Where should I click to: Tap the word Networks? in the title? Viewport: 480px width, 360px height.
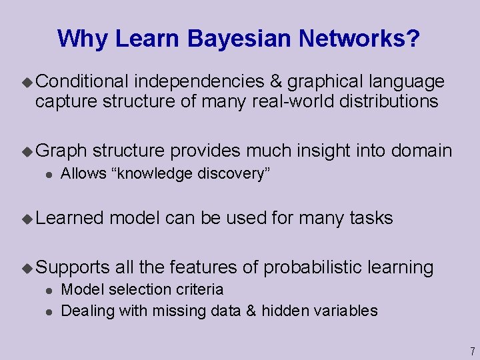coord(360,39)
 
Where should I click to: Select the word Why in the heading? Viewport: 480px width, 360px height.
coord(83,39)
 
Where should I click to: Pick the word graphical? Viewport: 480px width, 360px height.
coord(323,82)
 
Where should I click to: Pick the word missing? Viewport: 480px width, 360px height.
coord(175,311)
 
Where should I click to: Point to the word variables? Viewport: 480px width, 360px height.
coord(347,311)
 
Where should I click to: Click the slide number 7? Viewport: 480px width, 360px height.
coord(471,351)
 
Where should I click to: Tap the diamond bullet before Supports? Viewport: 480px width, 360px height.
coord(27,268)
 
